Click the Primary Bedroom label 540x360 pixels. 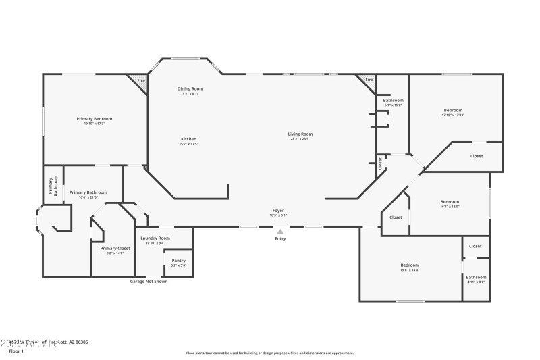click(x=94, y=118)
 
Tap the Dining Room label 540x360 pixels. click(x=190, y=88)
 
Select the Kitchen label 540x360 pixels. click(x=188, y=139)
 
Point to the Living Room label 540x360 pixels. click(x=301, y=134)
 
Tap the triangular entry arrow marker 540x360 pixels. click(x=280, y=231)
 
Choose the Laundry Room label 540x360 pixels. click(x=155, y=238)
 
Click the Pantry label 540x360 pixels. click(x=179, y=260)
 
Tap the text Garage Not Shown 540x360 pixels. click(x=148, y=282)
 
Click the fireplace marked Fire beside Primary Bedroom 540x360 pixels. click(x=140, y=81)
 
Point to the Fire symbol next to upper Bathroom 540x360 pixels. click(x=369, y=80)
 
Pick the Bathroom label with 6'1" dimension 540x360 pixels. click(x=394, y=100)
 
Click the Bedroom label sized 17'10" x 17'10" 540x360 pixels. click(x=453, y=110)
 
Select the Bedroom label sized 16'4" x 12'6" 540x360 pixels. click(x=450, y=201)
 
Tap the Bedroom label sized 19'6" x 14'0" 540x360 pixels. click(x=410, y=265)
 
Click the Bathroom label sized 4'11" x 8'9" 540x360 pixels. click(x=476, y=277)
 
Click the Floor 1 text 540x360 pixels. click(x=16, y=351)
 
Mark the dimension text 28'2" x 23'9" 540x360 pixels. click(x=301, y=139)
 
